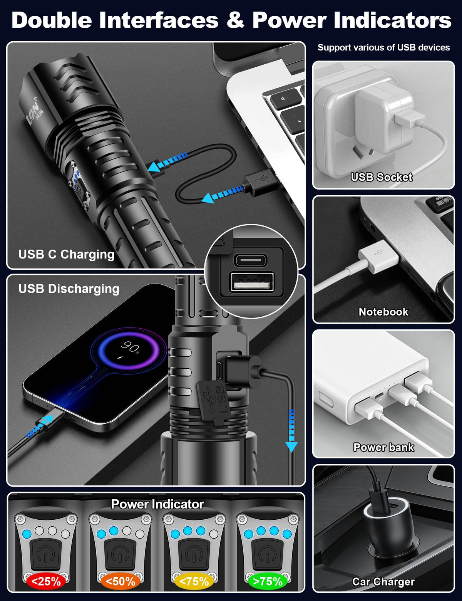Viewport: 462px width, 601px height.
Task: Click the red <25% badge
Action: (46, 581)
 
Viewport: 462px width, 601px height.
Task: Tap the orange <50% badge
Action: (121, 581)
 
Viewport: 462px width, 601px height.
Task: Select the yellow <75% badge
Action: (194, 581)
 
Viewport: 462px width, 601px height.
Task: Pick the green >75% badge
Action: (268, 581)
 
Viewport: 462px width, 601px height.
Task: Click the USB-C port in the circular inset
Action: (251, 260)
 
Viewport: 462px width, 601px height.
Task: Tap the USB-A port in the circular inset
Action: (253, 282)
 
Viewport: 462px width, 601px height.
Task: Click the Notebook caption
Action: (383, 312)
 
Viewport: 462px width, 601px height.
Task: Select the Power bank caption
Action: (383, 447)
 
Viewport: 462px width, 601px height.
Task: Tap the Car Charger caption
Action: (383, 582)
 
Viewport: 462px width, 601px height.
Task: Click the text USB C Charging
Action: (66, 254)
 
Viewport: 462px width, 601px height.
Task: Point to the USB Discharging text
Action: (69, 289)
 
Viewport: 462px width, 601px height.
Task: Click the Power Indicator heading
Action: (157, 504)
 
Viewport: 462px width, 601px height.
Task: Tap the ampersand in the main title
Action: (235, 20)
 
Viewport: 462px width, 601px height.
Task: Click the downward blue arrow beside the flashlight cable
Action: (291, 431)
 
